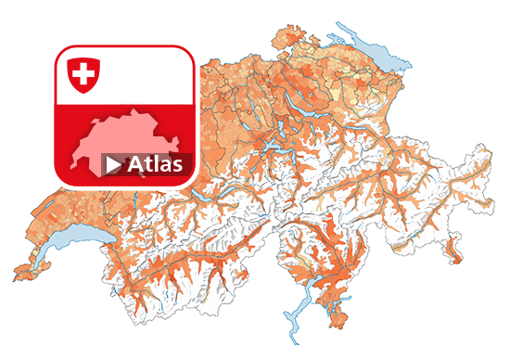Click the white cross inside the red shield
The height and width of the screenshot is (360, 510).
[83, 72]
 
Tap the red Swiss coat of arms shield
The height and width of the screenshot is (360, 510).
[83, 74]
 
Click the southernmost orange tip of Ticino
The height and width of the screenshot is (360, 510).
[340, 322]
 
